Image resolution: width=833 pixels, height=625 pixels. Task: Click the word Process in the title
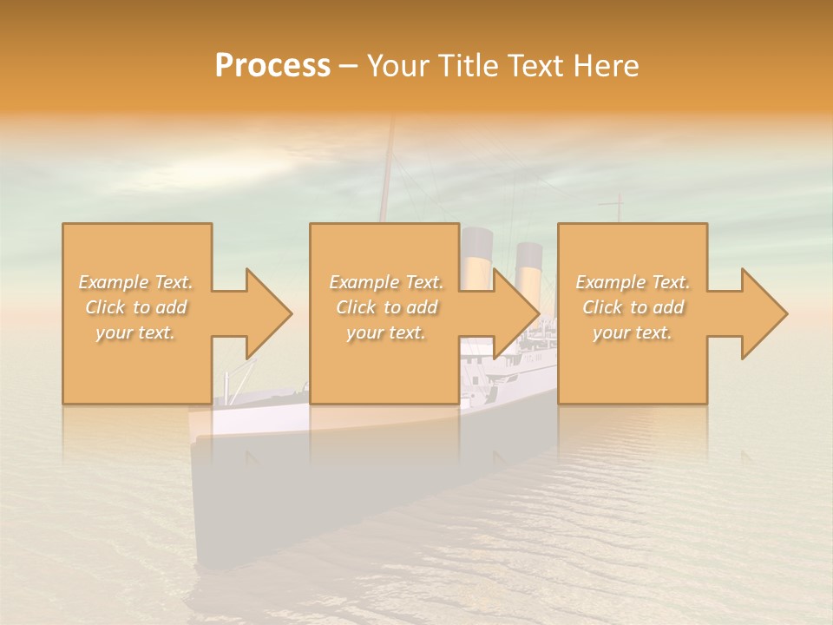tap(272, 66)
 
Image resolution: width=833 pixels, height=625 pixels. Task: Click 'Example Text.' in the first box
tap(135, 282)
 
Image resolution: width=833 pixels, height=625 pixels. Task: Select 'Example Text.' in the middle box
tap(386, 282)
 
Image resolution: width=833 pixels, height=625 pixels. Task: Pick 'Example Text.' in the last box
tap(633, 282)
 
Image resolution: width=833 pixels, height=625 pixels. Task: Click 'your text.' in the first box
tap(135, 332)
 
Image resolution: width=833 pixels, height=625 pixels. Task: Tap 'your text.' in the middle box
tap(386, 332)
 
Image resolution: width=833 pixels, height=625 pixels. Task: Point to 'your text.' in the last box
tap(633, 332)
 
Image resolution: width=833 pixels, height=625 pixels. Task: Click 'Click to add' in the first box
tap(135, 307)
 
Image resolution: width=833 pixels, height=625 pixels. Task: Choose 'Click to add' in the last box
tap(633, 307)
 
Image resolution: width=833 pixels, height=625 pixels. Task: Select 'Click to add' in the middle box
tap(386, 307)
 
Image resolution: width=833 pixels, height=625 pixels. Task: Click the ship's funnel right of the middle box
tap(528, 265)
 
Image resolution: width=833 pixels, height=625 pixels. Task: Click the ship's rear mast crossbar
tap(611, 205)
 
